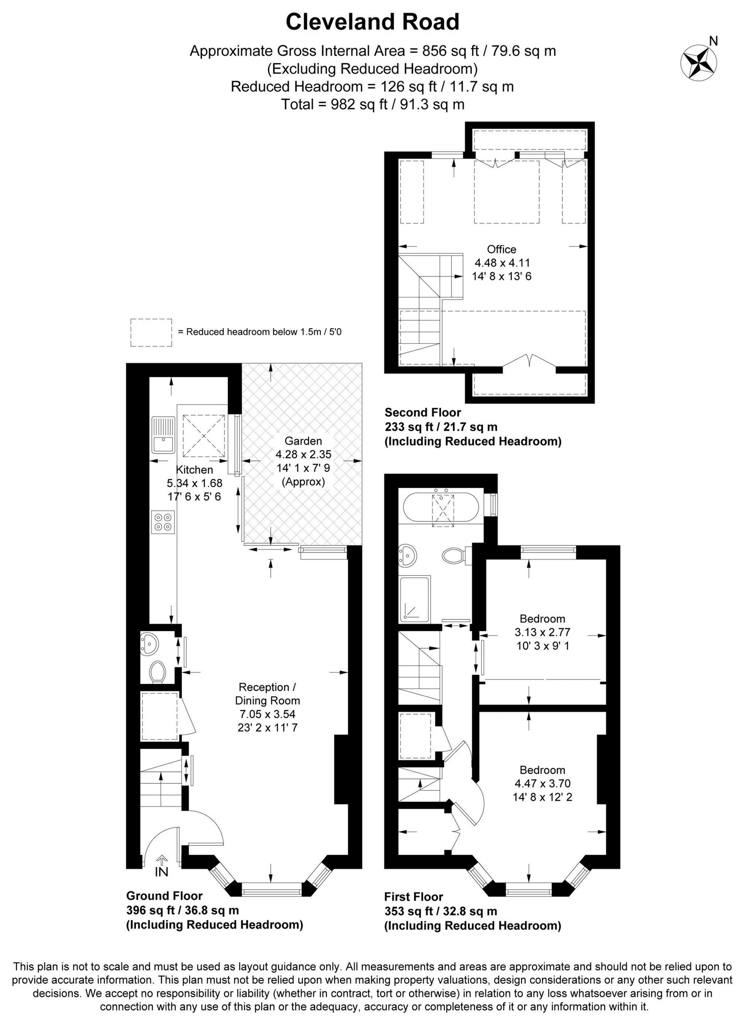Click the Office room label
coord(501,249)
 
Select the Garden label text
coord(303,441)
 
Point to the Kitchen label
coord(194,469)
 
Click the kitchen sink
coord(163,435)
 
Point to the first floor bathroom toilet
coord(455,555)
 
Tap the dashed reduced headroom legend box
coord(151,333)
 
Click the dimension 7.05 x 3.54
coord(267,714)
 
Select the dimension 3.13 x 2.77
coord(542,632)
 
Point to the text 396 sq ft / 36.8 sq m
coord(182,910)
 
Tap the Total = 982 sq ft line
coord(372,104)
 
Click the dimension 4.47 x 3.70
coord(542,783)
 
